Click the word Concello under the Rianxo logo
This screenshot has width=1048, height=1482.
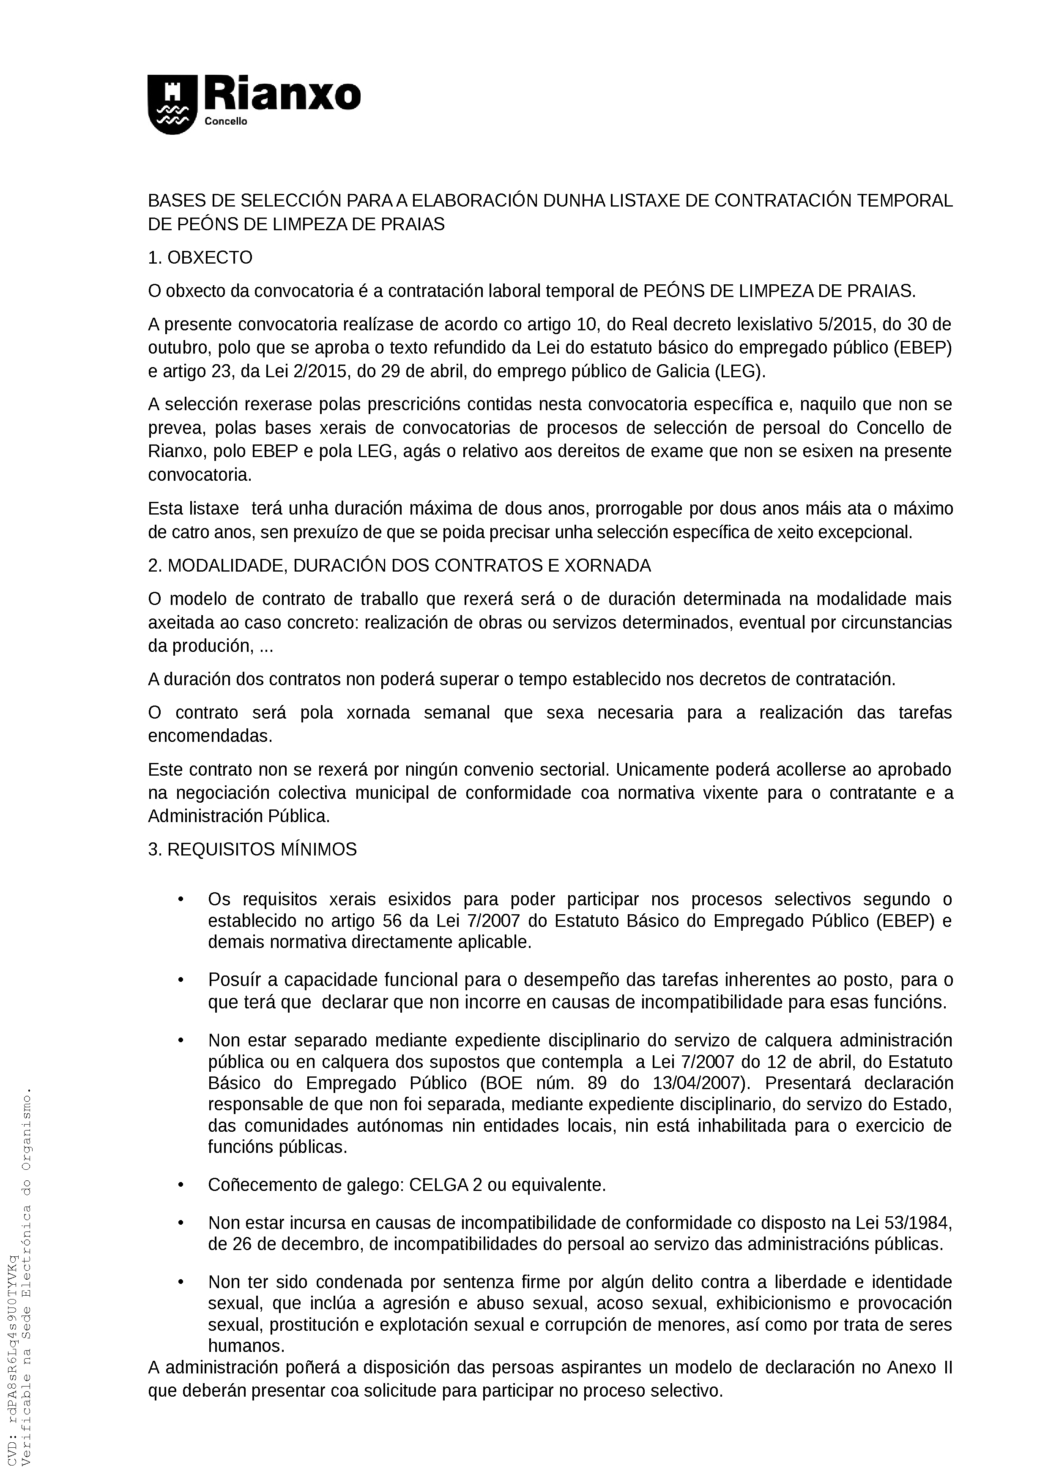(x=226, y=122)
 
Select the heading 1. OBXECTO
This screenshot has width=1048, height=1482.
(x=200, y=258)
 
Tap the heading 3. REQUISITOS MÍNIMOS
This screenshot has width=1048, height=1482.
(x=252, y=850)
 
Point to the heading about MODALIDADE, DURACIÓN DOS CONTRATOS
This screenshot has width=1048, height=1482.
(x=399, y=566)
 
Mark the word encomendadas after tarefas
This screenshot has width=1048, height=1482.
(x=210, y=736)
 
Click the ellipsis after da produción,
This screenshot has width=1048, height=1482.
(x=266, y=647)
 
